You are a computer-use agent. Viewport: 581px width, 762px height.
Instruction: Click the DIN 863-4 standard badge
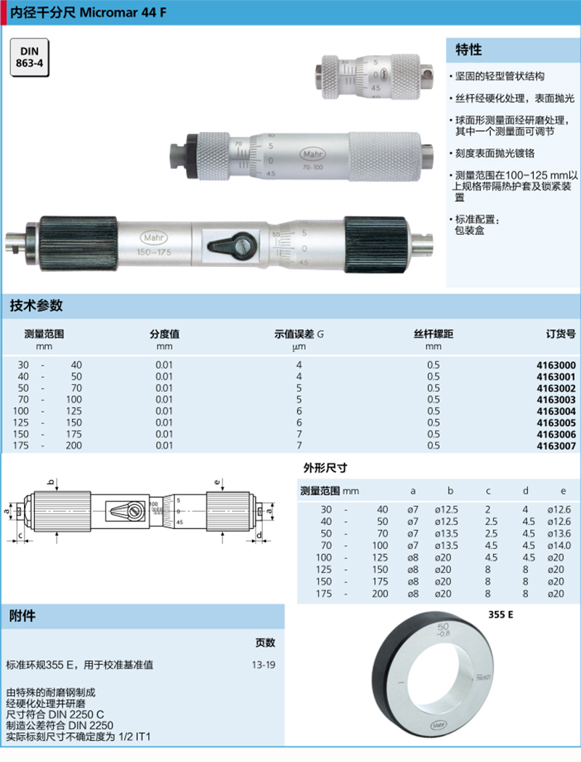click(29, 57)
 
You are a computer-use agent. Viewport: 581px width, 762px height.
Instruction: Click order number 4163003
click(556, 400)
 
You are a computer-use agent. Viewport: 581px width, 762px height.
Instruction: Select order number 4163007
click(556, 446)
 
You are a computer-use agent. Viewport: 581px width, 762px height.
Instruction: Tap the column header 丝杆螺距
click(433, 334)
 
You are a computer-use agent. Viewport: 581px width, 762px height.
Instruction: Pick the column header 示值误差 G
click(299, 334)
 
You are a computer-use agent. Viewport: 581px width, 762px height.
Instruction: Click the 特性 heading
click(468, 49)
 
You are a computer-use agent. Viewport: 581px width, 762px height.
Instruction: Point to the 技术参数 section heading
click(36, 306)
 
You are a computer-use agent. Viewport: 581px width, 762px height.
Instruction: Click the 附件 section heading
click(23, 616)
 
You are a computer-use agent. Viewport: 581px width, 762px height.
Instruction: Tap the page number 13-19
click(264, 665)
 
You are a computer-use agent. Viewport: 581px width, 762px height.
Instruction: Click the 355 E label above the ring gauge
click(501, 615)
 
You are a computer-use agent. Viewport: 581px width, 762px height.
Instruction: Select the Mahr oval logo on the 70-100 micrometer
click(312, 154)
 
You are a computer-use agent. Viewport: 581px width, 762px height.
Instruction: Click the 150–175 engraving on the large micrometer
click(154, 252)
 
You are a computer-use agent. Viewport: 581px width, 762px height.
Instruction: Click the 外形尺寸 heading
click(325, 468)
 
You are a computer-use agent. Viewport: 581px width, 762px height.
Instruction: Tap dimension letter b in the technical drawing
click(51, 482)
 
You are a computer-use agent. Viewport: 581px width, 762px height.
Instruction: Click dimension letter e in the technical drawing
click(217, 482)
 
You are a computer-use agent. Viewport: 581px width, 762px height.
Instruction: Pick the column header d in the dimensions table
click(526, 491)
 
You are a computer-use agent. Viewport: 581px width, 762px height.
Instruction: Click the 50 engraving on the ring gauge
click(443, 626)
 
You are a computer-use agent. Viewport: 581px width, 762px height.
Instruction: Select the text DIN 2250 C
click(76, 715)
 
